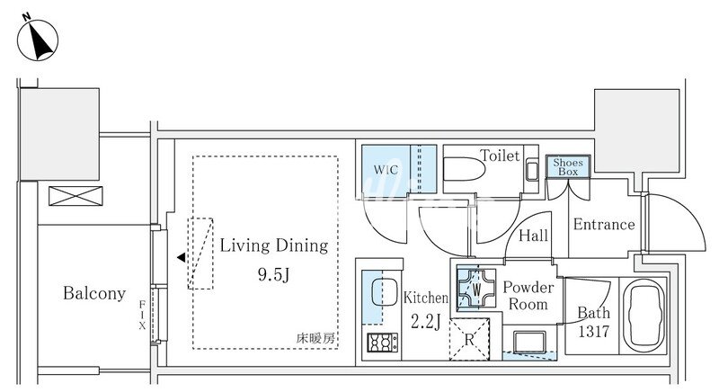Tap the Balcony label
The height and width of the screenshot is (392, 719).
pos(94,293)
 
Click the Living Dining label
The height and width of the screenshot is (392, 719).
pos(274,245)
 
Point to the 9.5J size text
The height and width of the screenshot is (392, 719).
pos(274,274)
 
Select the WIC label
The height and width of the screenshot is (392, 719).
pos(386,170)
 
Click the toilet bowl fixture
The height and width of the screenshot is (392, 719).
pos(465,170)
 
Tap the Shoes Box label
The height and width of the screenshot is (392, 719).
pos(568,167)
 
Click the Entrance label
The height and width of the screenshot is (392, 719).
pos(604,224)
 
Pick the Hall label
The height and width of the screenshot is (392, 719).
pos(533,236)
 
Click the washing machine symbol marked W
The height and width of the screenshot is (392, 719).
pos(477,289)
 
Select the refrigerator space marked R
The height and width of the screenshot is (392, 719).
pos(469,339)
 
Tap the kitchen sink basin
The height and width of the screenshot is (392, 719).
pos(384,291)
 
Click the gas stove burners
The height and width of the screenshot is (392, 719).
pos(383,343)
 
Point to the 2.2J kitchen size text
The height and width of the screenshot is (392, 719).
pos(425,322)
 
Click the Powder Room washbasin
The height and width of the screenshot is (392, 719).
pos(529,342)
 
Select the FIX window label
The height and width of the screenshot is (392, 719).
pos(142,315)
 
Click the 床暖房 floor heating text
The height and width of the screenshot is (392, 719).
pos(315,339)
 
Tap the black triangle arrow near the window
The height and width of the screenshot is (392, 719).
pos(182,257)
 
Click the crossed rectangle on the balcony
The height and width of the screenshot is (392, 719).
pos(75,196)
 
